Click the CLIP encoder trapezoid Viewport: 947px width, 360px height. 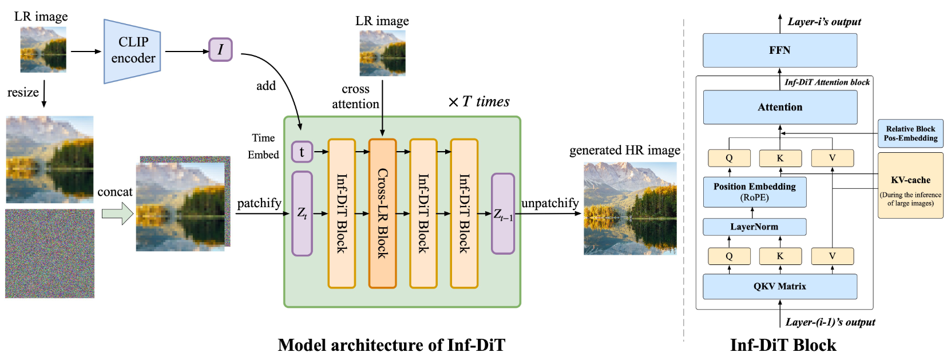pos(132,51)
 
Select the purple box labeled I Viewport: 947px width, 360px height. pos(220,50)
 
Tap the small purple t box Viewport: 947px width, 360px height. pos(302,152)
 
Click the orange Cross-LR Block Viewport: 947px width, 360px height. pos(382,213)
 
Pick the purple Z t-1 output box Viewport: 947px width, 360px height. pos(503,213)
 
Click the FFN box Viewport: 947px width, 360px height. pos(779,50)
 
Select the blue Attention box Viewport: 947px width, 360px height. pos(779,107)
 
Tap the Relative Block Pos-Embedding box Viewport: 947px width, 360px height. pos(910,133)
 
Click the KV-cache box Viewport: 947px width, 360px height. pos(910,185)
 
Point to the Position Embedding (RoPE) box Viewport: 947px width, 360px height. pos(754,192)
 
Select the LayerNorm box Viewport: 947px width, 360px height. pos(754,227)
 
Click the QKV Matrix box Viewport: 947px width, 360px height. pos(779,286)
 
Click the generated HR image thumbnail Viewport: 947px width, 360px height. pos(629,208)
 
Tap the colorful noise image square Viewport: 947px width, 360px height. pos(50,253)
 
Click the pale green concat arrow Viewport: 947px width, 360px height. pos(117,213)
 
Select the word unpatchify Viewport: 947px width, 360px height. pos(549,203)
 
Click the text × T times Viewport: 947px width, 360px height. pos(478,102)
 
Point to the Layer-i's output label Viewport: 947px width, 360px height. pos(824,22)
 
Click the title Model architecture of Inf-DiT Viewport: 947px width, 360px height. pos(391,345)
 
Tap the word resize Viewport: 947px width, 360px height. pos(23,93)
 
